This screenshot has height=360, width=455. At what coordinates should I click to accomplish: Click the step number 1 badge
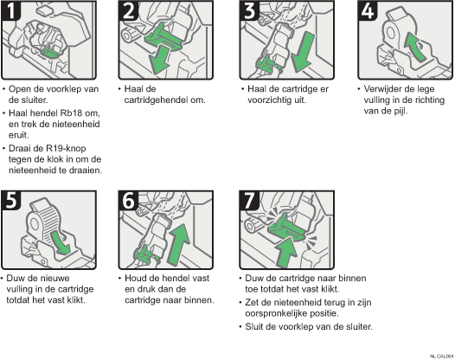tap(11, 10)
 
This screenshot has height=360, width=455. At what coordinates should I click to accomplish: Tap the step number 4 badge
tap(368, 10)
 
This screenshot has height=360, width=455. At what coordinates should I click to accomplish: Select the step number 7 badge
tap(249, 200)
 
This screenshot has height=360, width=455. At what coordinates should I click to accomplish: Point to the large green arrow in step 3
tap(303, 52)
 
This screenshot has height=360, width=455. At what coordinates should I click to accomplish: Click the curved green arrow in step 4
tap(414, 47)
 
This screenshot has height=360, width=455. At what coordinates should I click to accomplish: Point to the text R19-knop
tap(66, 148)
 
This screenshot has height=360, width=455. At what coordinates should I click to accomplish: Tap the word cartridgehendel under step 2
tap(156, 100)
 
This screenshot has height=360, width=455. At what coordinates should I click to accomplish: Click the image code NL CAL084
tap(442, 356)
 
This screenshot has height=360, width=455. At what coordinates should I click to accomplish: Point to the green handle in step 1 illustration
tap(50, 51)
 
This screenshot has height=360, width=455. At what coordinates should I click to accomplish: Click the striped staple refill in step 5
tap(47, 220)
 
